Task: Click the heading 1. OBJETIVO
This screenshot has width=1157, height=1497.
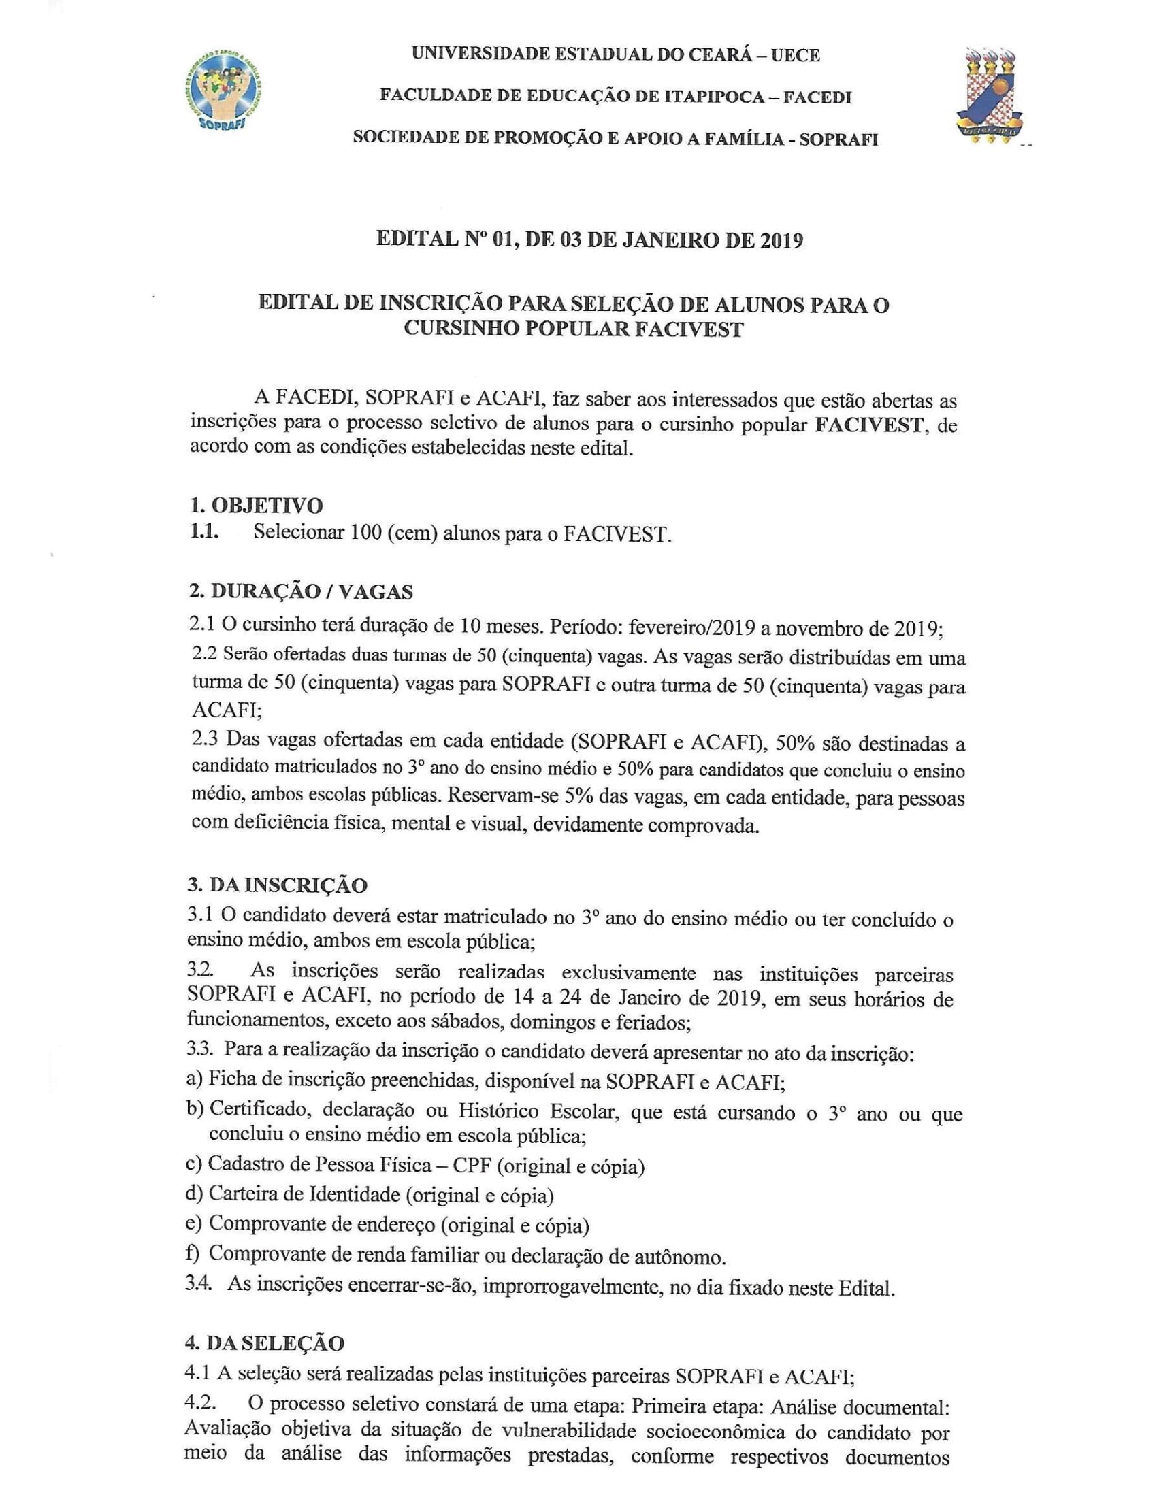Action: [x=255, y=505]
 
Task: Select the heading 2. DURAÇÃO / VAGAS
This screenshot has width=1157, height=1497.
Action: [x=301, y=591]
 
